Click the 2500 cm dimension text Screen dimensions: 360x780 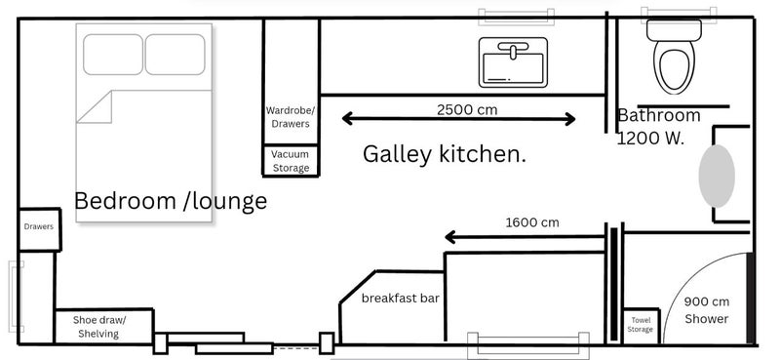(467, 109)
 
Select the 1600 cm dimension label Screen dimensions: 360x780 (532, 222)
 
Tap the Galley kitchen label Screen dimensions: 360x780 (445, 153)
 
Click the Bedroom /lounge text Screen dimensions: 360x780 (171, 202)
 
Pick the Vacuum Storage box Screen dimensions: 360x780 (291, 161)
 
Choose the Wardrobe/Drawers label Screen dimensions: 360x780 (290, 117)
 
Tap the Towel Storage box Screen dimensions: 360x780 (641, 325)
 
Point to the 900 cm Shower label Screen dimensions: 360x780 (707, 310)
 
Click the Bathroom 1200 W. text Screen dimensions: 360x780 (658, 127)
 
